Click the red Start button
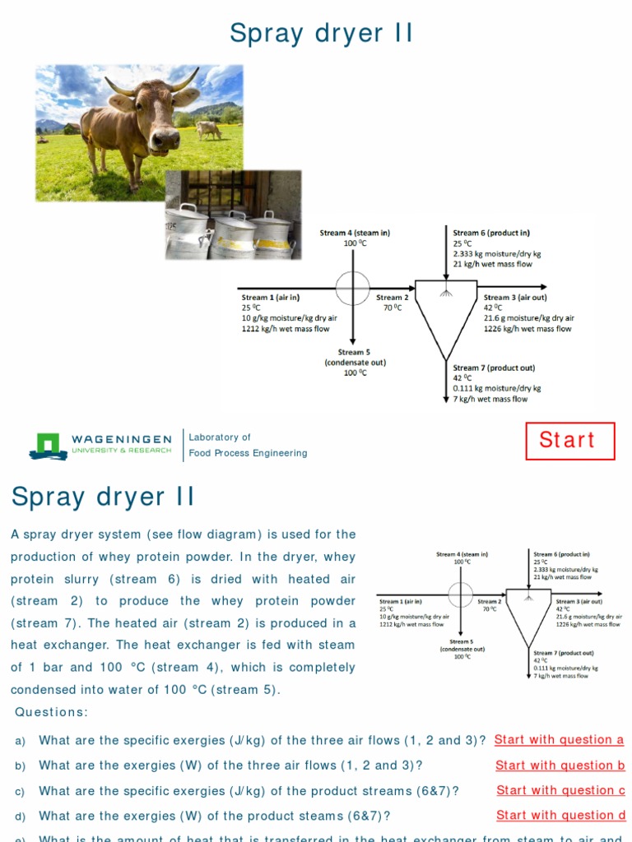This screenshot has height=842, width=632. [570, 441]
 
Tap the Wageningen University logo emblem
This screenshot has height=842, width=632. [49, 445]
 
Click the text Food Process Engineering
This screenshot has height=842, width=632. [248, 453]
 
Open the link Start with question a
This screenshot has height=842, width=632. [559, 740]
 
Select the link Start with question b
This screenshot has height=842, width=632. [560, 766]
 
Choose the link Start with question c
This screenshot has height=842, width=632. [560, 791]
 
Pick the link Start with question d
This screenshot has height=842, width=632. [560, 816]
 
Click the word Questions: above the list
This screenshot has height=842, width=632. [51, 712]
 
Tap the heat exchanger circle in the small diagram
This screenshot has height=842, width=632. [460, 594]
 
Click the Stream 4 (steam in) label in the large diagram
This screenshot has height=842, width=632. [355, 234]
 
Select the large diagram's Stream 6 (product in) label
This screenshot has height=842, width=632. [491, 234]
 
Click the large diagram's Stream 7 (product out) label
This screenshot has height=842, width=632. [494, 368]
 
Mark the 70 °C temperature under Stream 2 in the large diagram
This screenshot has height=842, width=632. [392, 308]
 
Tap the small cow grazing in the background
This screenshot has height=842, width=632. [208, 129]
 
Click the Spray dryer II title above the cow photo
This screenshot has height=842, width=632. [321, 34]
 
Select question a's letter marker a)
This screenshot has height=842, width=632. [21, 741]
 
